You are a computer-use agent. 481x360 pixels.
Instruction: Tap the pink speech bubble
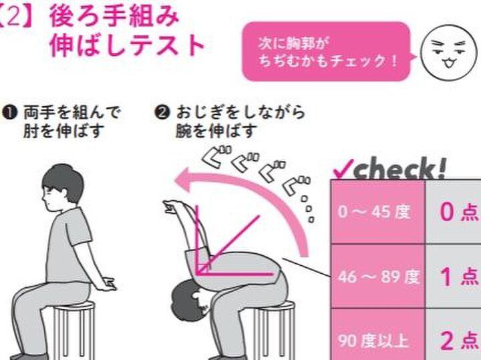click(325, 51)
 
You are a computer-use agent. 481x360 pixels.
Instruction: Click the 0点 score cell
click(457, 212)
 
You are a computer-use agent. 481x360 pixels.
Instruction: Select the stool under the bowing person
click(268, 327)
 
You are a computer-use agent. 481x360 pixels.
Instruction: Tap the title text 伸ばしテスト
click(127, 45)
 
